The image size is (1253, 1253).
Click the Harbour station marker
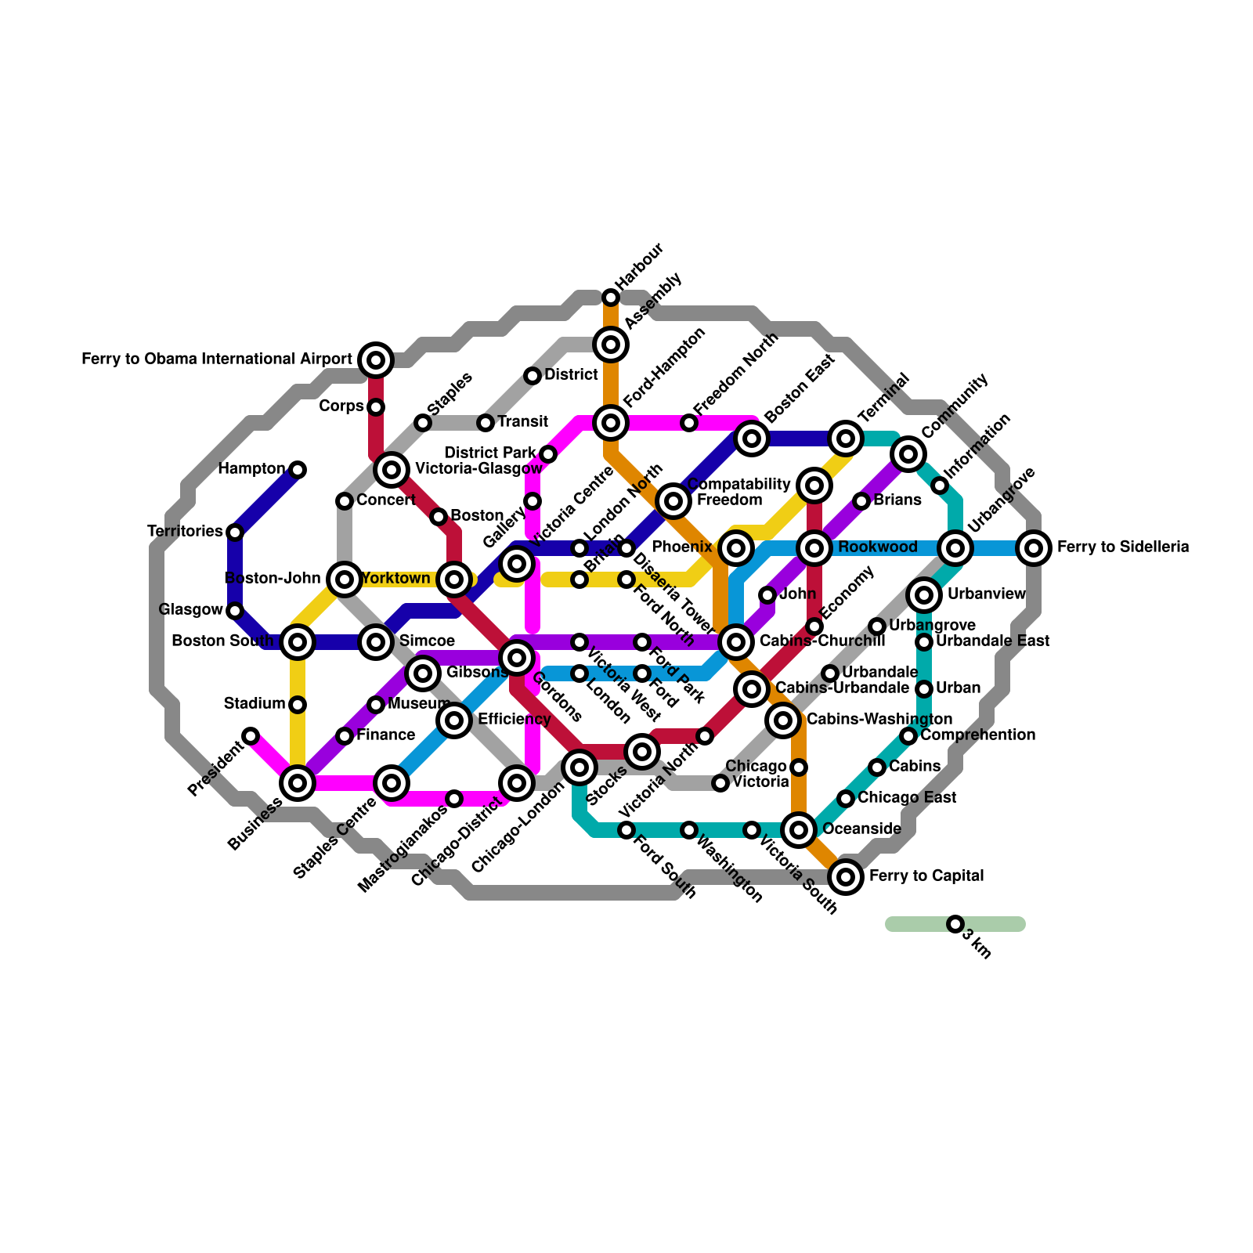click(x=611, y=298)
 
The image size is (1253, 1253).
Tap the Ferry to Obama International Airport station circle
click(x=376, y=360)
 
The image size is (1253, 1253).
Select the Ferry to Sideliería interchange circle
click(x=1034, y=548)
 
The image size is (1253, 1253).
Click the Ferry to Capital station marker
click(x=846, y=877)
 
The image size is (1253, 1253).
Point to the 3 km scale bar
click(x=955, y=924)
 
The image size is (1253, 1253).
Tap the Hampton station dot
click(x=298, y=470)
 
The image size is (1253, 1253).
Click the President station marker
click(x=251, y=736)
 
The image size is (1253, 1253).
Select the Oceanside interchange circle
click(x=799, y=830)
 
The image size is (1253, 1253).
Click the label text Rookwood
click(x=877, y=547)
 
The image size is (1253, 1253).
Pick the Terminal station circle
click(x=846, y=439)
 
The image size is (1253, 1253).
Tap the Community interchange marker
click(x=908, y=454)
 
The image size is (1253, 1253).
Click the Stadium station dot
click(x=298, y=705)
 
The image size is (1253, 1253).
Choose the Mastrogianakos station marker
click(x=454, y=799)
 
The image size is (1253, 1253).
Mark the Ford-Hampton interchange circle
click(x=611, y=423)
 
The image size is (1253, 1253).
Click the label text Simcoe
click(x=427, y=641)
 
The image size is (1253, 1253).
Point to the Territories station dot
click(x=235, y=533)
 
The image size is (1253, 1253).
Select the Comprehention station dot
click(x=908, y=736)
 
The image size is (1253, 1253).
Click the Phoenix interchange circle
click(x=736, y=548)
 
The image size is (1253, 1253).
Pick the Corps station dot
click(x=376, y=407)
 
